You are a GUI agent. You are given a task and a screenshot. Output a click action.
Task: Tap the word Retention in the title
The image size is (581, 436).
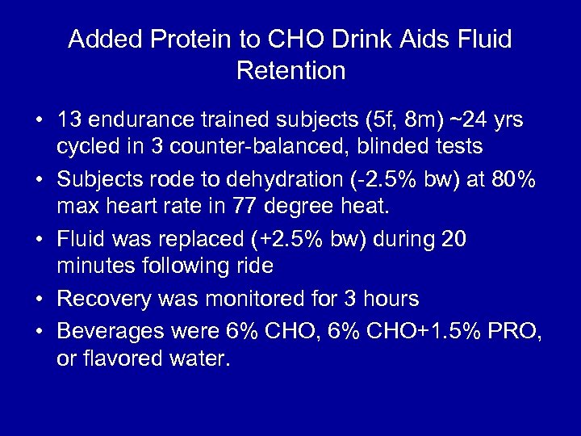click(291, 71)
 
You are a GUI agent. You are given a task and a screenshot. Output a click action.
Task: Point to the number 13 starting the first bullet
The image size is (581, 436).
click(69, 120)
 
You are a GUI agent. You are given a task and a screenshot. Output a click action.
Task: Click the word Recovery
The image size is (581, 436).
click(106, 299)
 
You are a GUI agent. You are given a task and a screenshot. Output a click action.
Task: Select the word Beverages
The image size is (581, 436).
click(109, 330)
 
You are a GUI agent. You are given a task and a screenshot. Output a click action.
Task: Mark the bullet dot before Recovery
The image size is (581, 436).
click(39, 300)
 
